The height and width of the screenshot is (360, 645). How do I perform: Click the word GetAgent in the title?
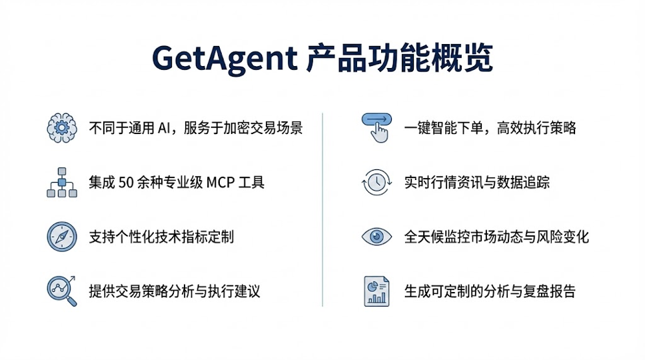(x=223, y=59)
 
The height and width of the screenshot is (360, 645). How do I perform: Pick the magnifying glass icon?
(x=61, y=291)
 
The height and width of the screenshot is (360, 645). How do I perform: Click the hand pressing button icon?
(x=376, y=127)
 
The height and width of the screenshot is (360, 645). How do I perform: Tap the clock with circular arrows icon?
(x=376, y=182)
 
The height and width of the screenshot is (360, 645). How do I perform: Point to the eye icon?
(x=376, y=236)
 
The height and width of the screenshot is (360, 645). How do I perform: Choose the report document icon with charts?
(x=376, y=291)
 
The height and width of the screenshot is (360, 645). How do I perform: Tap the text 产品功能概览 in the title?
(x=400, y=59)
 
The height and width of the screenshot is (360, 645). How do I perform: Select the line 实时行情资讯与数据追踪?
(x=477, y=182)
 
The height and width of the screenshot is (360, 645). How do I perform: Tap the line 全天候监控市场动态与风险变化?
(x=496, y=237)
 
